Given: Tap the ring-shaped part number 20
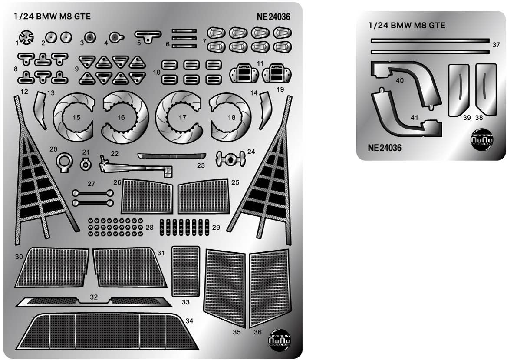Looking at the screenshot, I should pyautogui.click(x=64, y=161).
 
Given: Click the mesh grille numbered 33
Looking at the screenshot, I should pyautogui.click(x=186, y=271).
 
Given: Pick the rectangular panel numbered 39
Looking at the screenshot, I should pyautogui.click(x=458, y=89).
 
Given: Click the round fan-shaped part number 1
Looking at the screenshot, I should pyautogui.click(x=26, y=39).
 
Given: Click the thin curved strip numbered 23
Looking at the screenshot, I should pyautogui.click(x=171, y=156).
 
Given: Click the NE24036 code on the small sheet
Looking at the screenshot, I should pyautogui.click(x=385, y=148).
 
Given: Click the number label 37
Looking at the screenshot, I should pyautogui.click(x=497, y=45).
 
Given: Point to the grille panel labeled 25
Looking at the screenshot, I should pyautogui.click(x=203, y=197).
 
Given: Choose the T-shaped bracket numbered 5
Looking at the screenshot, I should pyautogui.click(x=148, y=35).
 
